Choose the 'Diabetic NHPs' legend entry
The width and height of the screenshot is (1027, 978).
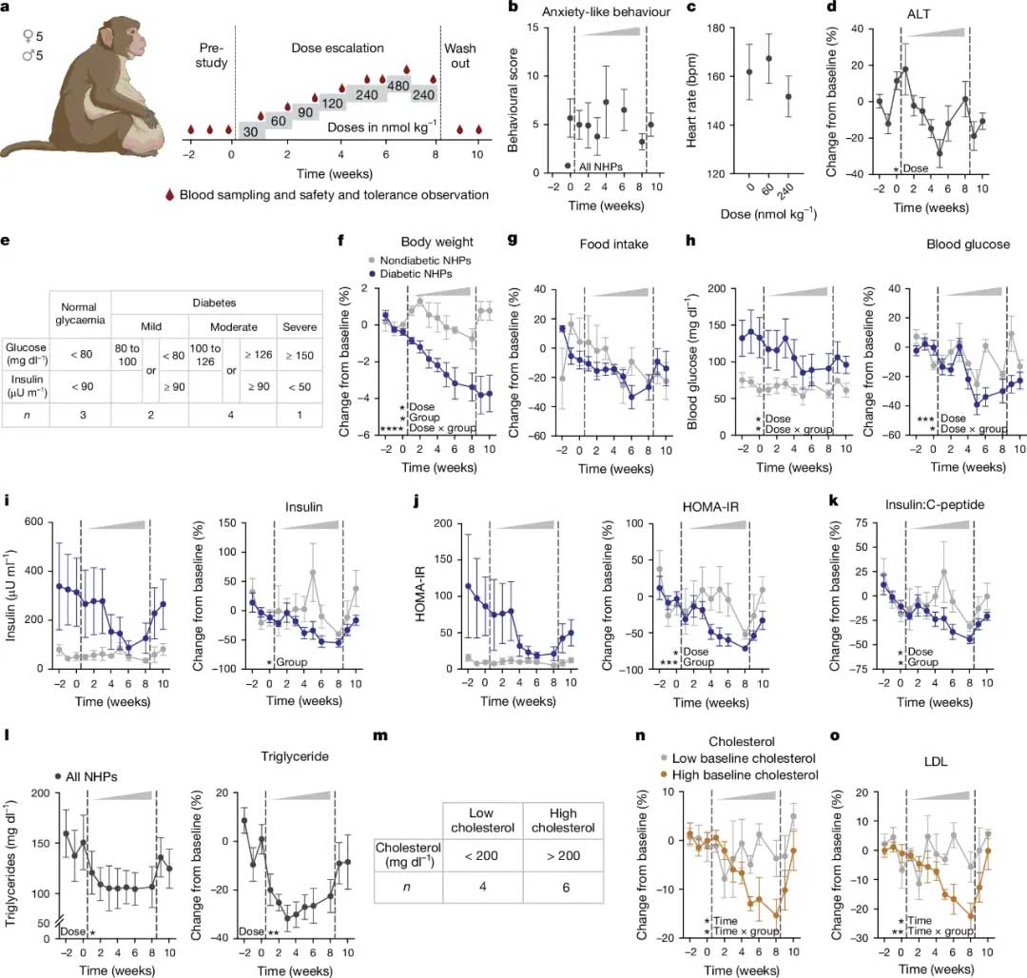tap(417, 274)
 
